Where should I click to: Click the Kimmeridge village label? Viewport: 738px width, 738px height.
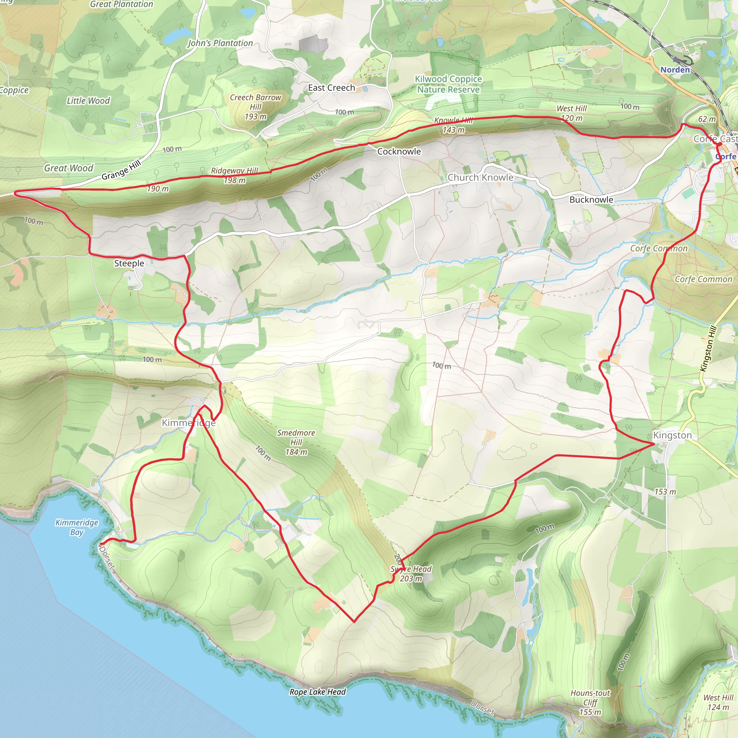pos(188,423)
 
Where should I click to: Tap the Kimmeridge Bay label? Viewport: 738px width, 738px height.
pos(77,527)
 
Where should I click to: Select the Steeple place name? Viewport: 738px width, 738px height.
pos(129,263)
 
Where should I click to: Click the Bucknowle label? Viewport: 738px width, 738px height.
pos(591,199)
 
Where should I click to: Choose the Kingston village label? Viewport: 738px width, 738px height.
pos(672,435)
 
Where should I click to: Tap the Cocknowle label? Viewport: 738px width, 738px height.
pos(399,151)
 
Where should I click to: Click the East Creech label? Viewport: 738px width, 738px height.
pos(331,88)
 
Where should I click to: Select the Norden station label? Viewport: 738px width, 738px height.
pos(675,70)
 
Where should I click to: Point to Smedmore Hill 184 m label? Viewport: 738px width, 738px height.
pos(296,443)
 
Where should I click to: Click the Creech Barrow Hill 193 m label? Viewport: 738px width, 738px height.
pos(255,107)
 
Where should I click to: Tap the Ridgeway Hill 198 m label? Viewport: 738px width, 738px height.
pos(235,175)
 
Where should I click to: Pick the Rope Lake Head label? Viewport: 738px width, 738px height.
pos(317,692)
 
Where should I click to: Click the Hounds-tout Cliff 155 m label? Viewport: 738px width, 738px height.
pos(590,702)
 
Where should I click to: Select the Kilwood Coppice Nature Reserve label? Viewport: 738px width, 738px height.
pos(448,84)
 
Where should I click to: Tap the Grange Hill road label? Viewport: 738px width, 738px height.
pos(121,170)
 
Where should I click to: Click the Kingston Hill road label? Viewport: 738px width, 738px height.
pos(708,348)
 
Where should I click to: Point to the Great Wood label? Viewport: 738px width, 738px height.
pos(68,168)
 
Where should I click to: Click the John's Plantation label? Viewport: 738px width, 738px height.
pos(220,43)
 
